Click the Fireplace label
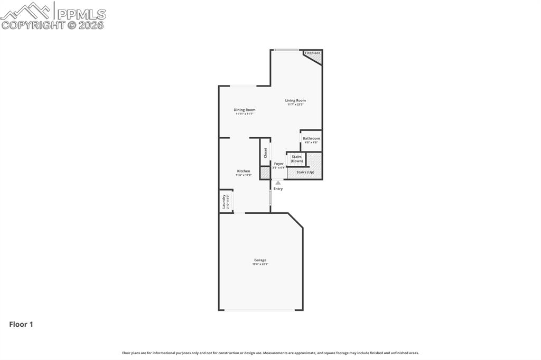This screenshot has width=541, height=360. tap(312, 53)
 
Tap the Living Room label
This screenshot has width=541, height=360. tap(295, 100)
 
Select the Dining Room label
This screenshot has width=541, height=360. tap(245, 110)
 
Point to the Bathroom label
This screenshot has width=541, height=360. tap(311, 138)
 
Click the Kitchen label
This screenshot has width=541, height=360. tap(244, 171)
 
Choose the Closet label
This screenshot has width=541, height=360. tap(265, 153)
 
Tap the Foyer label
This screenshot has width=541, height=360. tap(278, 164)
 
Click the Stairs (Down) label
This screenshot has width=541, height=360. tap(297, 158)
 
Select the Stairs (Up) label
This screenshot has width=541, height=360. tap(305, 172)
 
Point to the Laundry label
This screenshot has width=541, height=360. tap(223, 201)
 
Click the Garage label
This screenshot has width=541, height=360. tap(260, 260)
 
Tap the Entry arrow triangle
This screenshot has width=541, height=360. tap(278, 183)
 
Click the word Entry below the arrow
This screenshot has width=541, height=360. tap(278, 188)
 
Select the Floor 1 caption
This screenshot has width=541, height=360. tap(21, 325)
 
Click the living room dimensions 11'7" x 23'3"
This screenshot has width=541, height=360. tap(295, 105)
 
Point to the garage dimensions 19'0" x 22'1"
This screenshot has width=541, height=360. tap(260, 264)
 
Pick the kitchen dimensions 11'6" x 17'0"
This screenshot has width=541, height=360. tap(244, 175)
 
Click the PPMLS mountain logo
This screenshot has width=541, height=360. tap(27, 11)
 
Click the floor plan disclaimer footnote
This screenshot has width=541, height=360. tap(270, 353)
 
